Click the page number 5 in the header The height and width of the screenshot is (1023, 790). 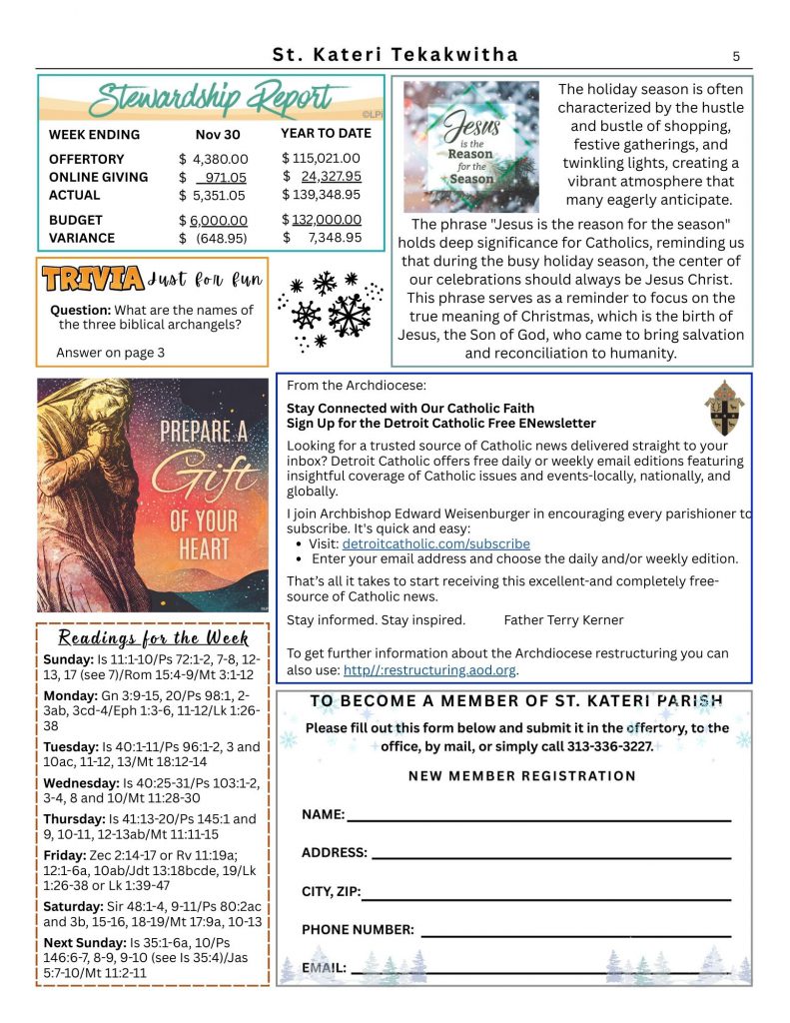[x=736, y=56]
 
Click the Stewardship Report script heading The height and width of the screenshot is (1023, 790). [x=210, y=100]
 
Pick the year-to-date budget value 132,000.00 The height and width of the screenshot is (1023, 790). [x=327, y=220]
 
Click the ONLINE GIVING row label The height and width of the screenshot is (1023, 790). [x=98, y=177]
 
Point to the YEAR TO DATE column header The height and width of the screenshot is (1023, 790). [x=326, y=133]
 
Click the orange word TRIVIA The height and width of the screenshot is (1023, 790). [x=92, y=279]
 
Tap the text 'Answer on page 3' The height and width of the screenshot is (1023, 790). [x=110, y=353]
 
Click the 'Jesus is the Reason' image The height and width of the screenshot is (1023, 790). [x=469, y=147]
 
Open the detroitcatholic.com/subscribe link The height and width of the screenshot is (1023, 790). [x=435, y=544]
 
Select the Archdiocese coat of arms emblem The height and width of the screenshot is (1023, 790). [x=723, y=407]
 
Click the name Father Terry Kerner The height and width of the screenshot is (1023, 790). [x=563, y=619]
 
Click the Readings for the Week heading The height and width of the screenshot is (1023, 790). [x=153, y=638]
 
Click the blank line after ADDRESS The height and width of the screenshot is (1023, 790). [x=550, y=854]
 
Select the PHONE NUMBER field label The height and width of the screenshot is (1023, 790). [x=358, y=929]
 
